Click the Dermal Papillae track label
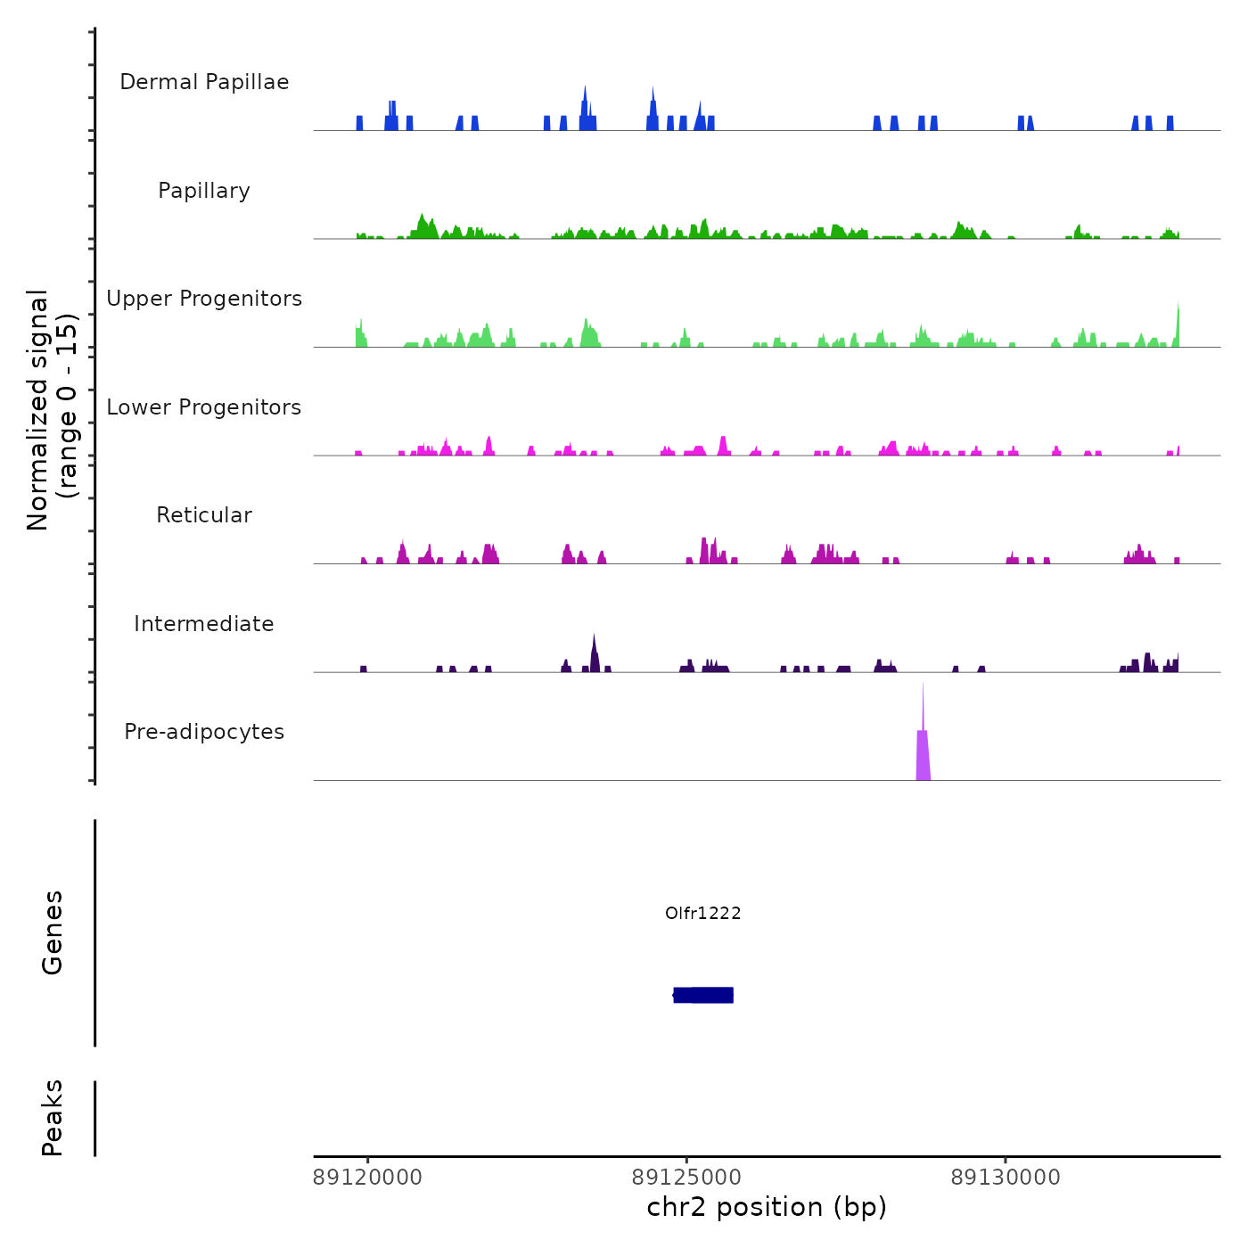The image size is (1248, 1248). (x=204, y=82)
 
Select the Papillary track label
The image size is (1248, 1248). (x=204, y=191)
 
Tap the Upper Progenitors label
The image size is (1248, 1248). (x=204, y=299)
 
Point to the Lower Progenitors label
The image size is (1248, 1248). (x=204, y=407)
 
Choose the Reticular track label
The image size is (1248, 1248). (x=204, y=515)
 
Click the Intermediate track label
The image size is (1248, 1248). (x=204, y=624)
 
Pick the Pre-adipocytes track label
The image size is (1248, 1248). (x=204, y=732)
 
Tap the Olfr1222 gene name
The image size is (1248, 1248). (x=703, y=913)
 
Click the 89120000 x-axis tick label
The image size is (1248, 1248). (x=367, y=1178)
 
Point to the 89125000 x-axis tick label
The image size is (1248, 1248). (x=686, y=1178)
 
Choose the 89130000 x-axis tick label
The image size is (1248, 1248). (x=1006, y=1178)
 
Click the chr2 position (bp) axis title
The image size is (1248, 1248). (x=767, y=1207)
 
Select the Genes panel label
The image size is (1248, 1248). (x=53, y=932)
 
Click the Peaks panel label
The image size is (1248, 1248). (x=53, y=1118)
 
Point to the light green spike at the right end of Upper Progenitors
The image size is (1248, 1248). (x=1178, y=325)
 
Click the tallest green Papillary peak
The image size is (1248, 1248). (x=422, y=226)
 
